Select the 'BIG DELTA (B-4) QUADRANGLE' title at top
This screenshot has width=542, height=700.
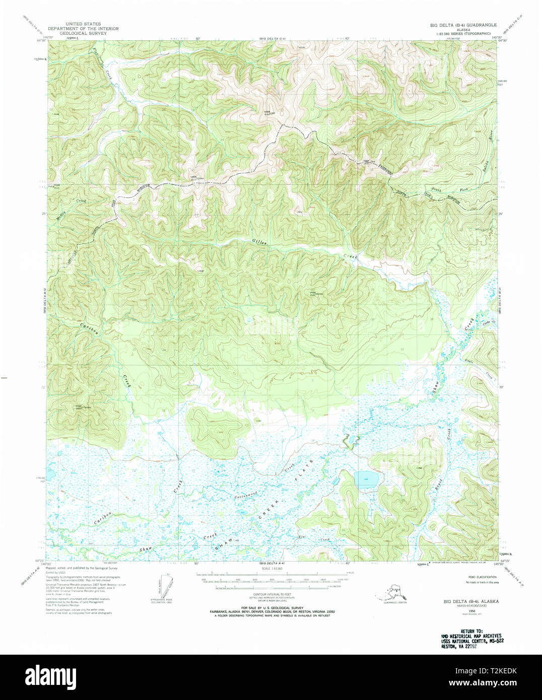[463, 25]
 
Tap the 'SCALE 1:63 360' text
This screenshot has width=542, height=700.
[272, 569]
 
